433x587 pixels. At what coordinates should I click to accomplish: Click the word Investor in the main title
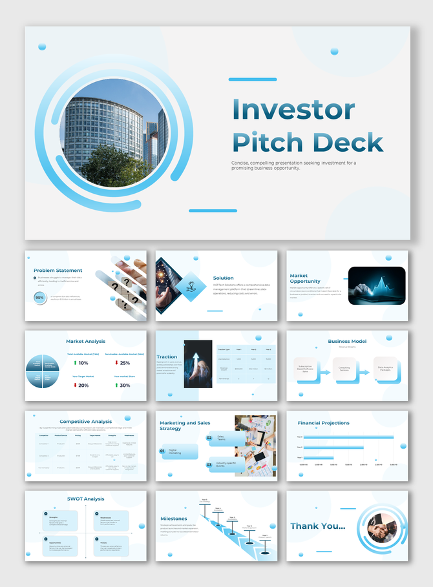click(293, 110)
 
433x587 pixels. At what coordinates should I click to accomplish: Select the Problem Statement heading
click(58, 271)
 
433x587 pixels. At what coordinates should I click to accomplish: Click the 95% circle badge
click(40, 297)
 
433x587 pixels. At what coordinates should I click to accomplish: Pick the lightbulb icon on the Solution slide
click(191, 285)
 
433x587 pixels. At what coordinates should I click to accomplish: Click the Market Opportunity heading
click(304, 278)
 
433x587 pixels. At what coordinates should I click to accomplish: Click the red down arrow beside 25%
click(117, 363)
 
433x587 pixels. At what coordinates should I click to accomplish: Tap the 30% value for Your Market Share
click(125, 386)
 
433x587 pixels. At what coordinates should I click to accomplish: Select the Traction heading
click(167, 356)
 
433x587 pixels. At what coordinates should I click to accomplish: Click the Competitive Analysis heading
click(86, 422)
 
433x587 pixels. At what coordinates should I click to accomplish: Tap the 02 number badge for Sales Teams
click(209, 438)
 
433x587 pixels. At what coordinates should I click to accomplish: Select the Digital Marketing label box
click(180, 451)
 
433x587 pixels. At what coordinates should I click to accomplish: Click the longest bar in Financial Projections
click(348, 437)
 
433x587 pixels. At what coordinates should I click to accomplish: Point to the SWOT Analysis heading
click(86, 499)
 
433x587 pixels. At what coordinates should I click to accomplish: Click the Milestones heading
click(174, 519)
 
